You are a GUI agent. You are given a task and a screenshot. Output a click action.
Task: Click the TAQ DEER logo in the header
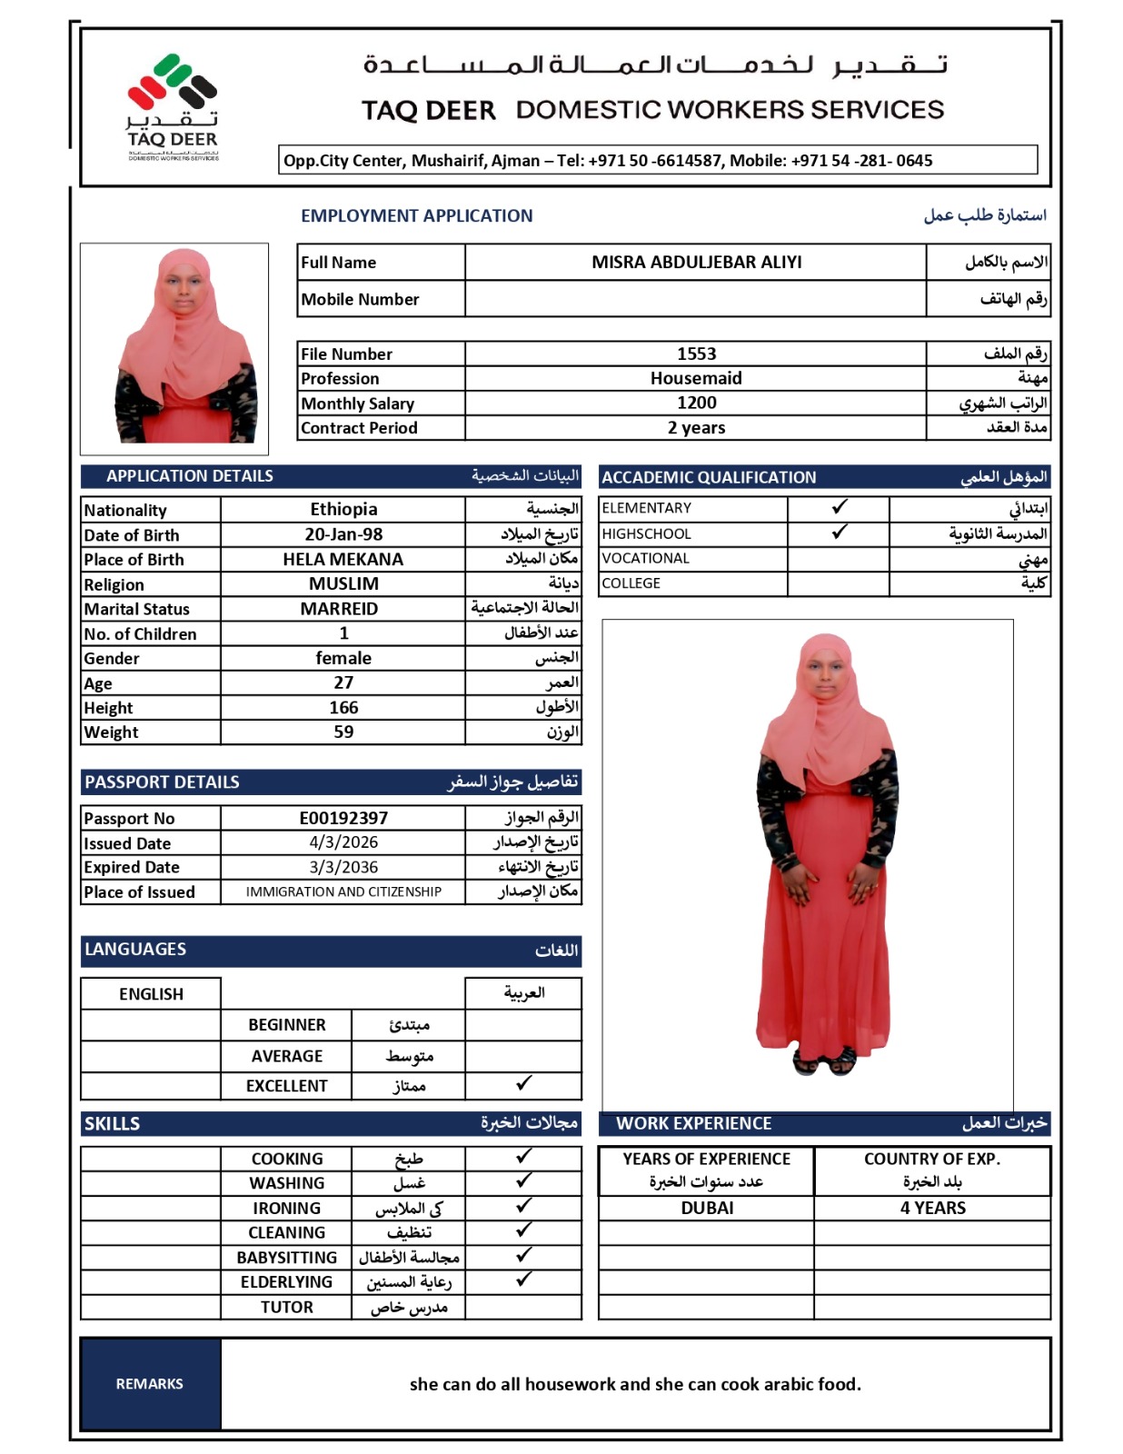[173, 107]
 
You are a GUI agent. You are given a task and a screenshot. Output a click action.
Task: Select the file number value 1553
[696, 354]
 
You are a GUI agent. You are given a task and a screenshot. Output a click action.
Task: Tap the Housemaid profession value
[696, 378]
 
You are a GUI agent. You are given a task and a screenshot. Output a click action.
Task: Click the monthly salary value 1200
[696, 403]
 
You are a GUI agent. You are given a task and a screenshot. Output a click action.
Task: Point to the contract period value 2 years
[696, 427]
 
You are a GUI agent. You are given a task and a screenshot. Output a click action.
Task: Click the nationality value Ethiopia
[343, 509]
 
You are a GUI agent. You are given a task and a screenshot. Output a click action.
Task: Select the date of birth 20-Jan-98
[343, 534]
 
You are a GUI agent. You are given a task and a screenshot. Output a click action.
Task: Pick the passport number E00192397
[343, 818]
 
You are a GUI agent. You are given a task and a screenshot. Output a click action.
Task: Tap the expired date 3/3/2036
[343, 867]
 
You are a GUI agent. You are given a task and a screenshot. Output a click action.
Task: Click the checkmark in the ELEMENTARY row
[840, 507]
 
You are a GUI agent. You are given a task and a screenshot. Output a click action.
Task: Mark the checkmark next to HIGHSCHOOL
[840, 532]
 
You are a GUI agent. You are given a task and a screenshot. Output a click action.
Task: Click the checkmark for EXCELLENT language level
[523, 1083]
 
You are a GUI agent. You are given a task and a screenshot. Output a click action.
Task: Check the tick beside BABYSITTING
[523, 1255]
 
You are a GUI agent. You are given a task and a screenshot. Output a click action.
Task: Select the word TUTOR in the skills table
[286, 1307]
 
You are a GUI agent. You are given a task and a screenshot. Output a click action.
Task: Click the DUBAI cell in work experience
[707, 1208]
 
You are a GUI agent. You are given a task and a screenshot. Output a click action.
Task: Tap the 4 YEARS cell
[932, 1208]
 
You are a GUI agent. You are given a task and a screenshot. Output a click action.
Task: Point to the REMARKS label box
[150, 1383]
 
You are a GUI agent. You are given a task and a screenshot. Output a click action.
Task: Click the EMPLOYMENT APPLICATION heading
[416, 215]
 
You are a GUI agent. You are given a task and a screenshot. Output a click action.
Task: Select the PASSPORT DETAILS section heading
[162, 782]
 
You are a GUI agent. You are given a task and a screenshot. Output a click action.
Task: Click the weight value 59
[343, 732]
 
